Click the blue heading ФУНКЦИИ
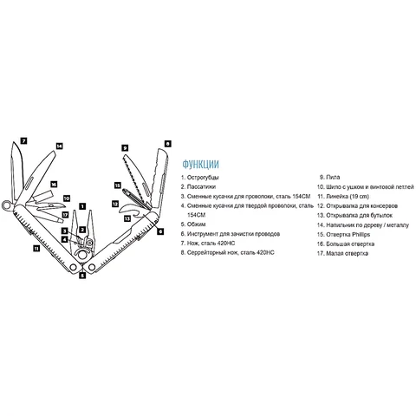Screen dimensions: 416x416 point(200,164)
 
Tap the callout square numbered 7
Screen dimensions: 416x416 point(23,141)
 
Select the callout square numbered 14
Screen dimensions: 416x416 point(59,146)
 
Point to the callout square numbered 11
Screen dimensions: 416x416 point(36,248)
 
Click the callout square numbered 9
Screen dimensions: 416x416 point(125,148)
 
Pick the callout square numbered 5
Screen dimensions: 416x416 point(82,276)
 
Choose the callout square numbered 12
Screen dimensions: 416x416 point(115,204)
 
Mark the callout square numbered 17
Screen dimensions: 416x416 point(66,215)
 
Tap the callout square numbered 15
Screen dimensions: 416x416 point(117,185)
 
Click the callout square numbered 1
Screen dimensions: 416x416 point(82,206)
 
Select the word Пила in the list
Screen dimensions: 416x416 point(333,177)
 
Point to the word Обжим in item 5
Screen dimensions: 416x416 point(197,224)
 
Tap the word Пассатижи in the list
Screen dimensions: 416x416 point(201,186)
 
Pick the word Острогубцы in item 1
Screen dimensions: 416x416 point(203,178)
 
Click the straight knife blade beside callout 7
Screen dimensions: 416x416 point(16,171)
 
